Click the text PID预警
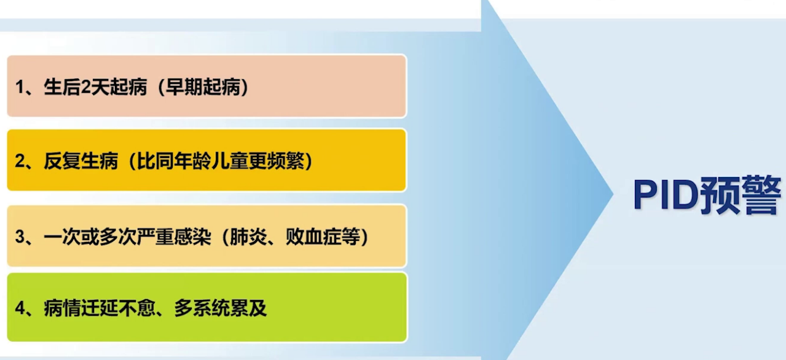[707, 197]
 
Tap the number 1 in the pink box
[20, 87]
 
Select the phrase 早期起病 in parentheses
[202, 87]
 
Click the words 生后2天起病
[95, 87]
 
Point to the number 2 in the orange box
[20, 162]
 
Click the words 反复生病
[81, 162]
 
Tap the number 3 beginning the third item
[20, 237]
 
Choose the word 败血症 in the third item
[313, 237]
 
